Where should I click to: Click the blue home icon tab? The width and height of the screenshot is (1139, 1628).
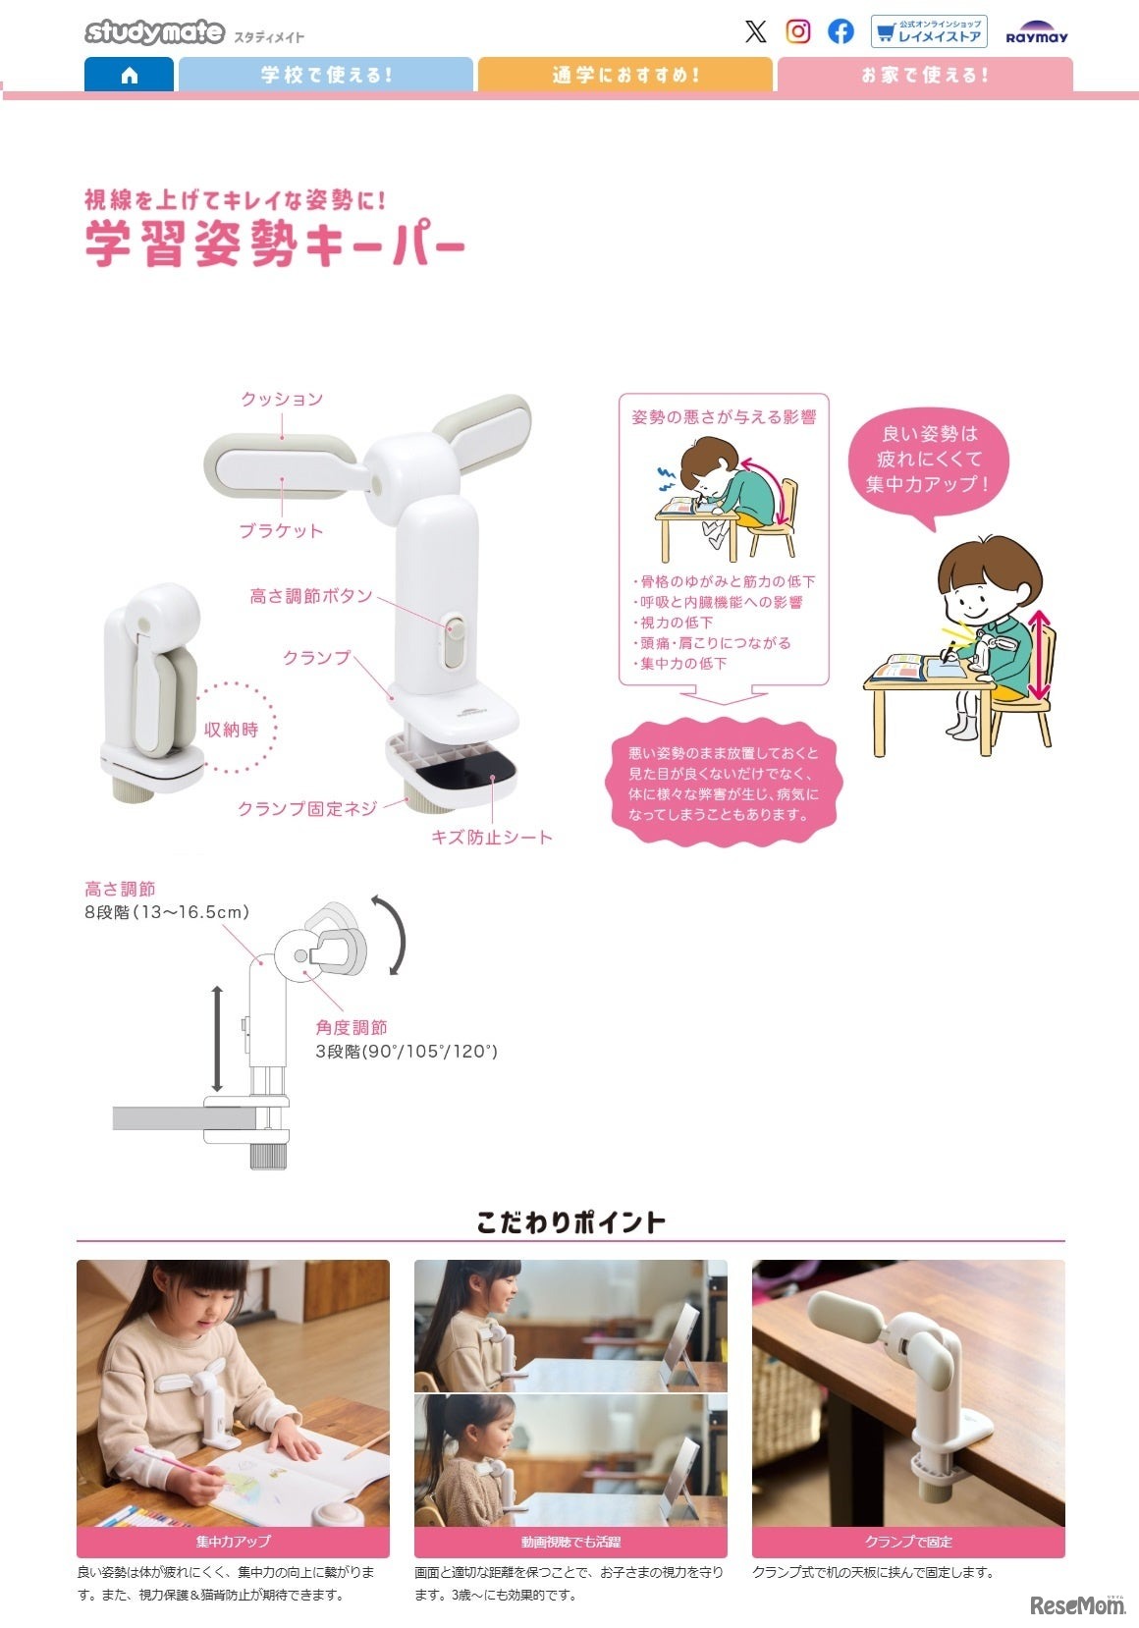pyautogui.click(x=129, y=75)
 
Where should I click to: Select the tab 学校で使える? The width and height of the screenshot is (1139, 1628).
pyautogui.click(x=325, y=75)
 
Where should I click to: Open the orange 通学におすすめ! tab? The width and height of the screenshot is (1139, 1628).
pyautogui.click(x=624, y=75)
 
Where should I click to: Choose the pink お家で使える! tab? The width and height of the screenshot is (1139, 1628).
pyautogui.click(x=924, y=75)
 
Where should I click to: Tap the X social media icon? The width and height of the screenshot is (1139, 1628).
pyautogui.click(x=755, y=31)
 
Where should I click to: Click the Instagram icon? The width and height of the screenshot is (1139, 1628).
pyautogui.click(x=798, y=31)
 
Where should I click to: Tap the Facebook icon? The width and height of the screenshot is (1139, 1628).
pyautogui.click(x=841, y=31)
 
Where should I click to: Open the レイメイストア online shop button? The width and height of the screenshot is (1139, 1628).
pyautogui.click(x=928, y=31)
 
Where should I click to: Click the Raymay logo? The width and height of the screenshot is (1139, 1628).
pyautogui.click(x=1036, y=33)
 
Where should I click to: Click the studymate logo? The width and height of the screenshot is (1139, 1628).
pyautogui.click(x=154, y=32)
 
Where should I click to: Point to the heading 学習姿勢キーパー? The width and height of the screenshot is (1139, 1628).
pyautogui.click(x=274, y=244)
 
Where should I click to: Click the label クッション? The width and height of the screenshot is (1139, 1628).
pyautogui.click(x=282, y=399)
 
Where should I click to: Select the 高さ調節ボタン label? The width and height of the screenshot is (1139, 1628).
pyautogui.click(x=310, y=596)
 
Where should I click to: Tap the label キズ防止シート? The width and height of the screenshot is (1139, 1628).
pyautogui.click(x=492, y=838)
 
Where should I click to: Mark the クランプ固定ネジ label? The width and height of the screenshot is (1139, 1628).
pyautogui.click(x=306, y=808)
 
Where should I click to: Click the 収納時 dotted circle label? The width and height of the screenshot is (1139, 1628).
pyautogui.click(x=232, y=730)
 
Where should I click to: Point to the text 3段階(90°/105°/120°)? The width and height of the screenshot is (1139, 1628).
pyautogui.click(x=406, y=1052)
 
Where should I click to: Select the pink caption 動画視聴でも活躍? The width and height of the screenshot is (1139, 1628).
pyautogui.click(x=570, y=1542)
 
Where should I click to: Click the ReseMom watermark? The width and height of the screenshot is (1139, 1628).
pyautogui.click(x=1076, y=1604)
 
